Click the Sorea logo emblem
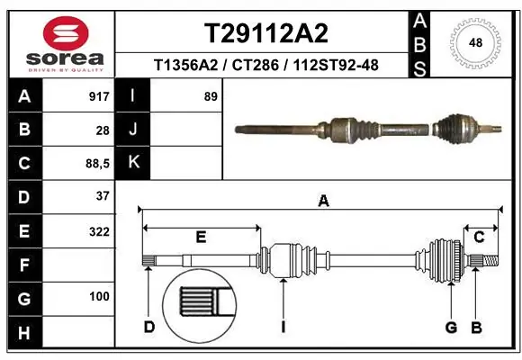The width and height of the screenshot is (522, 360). click(x=66, y=32)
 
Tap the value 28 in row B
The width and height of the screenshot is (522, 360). click(x=103, y=130)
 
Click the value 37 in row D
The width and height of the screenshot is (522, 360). click(x=103, y=196)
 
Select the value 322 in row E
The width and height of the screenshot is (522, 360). click(x=99, y=231)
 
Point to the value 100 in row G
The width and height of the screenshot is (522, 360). click(x=99, y=296)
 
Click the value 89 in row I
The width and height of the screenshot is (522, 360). click(x=211, y=96)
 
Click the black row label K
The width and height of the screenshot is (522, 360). click(x=132, y=163)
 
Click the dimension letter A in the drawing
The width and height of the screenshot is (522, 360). click(x=323, y=202)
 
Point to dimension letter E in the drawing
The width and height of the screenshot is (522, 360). click(x=201, y=237)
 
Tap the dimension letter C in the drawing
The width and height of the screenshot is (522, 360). click(x=480, y=237)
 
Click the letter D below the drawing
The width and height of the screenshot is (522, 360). click(x=149, y=327)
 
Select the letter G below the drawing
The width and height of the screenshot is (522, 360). click(x=451, y=327)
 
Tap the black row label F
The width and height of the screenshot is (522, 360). click(x=23, y=265)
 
